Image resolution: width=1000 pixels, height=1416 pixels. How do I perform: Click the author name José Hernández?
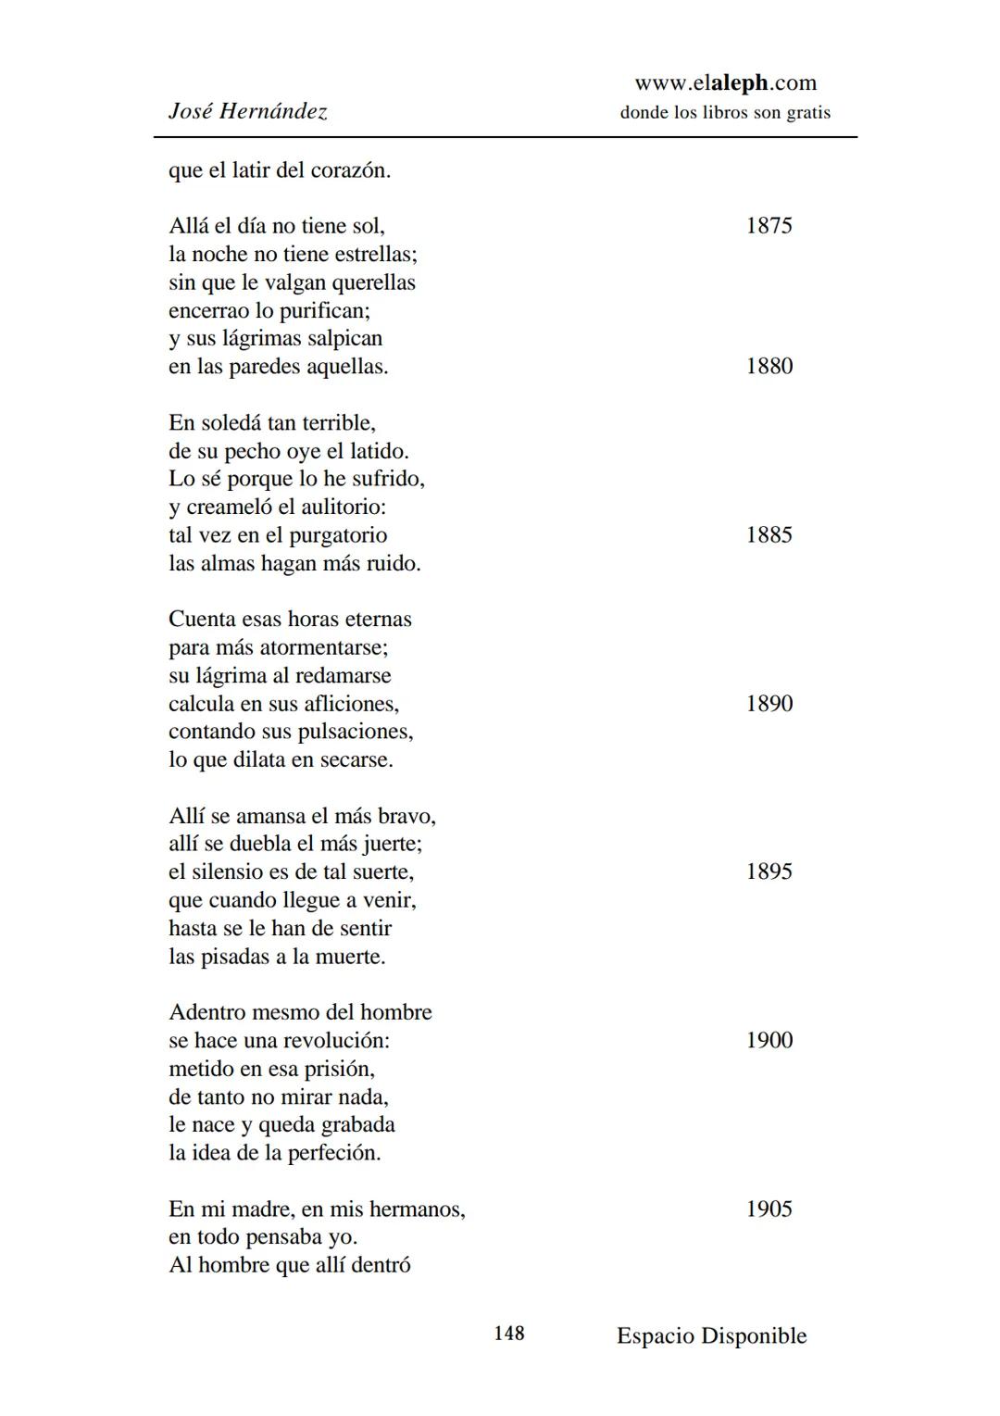point(247,112)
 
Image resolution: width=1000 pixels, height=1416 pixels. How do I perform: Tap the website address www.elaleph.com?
point(725,82)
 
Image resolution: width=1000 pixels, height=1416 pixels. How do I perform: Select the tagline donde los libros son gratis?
point(725,113)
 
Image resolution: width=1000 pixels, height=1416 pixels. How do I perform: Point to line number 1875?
point(769,226)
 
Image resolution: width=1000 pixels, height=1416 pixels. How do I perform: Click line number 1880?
point(769,367)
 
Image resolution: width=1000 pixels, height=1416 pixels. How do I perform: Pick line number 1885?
point(769,535)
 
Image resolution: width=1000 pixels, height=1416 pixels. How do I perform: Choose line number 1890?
point(769,704)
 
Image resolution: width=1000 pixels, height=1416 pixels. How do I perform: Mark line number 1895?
point(769,871)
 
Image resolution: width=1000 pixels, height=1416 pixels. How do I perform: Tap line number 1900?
point(769,1040)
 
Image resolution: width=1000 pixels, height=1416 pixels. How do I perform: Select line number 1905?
point(769,1209)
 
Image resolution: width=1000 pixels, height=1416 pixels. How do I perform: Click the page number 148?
point(508,1334)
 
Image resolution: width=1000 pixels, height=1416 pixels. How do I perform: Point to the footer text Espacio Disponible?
point(711,1335)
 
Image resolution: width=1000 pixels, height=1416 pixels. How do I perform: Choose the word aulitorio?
point(338,508)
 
